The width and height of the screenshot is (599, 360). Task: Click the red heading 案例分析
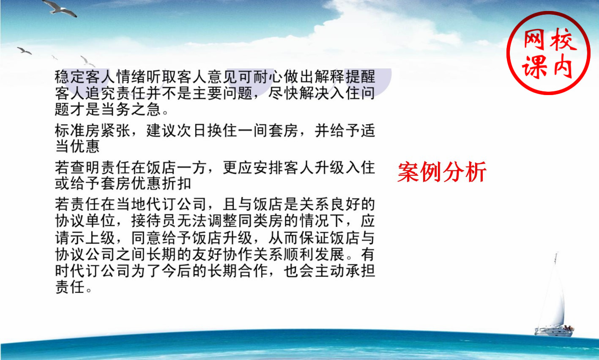(x=442, y=172)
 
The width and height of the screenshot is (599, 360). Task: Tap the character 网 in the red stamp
(x=534, y=41)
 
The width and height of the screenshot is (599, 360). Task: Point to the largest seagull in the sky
(x=60, y=8)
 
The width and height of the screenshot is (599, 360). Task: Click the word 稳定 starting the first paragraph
(x=70, y=77)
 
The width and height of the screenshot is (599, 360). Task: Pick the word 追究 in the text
(x=100, y=93)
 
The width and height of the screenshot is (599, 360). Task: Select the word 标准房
(x=77, y=131)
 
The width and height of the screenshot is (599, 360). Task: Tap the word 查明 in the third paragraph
(x=85, y=168)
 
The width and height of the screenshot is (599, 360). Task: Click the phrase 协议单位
(x=85, y=221)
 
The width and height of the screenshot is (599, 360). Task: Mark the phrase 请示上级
(x=85, y=237)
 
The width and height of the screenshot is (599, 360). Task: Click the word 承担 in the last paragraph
(x=360, y=271)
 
